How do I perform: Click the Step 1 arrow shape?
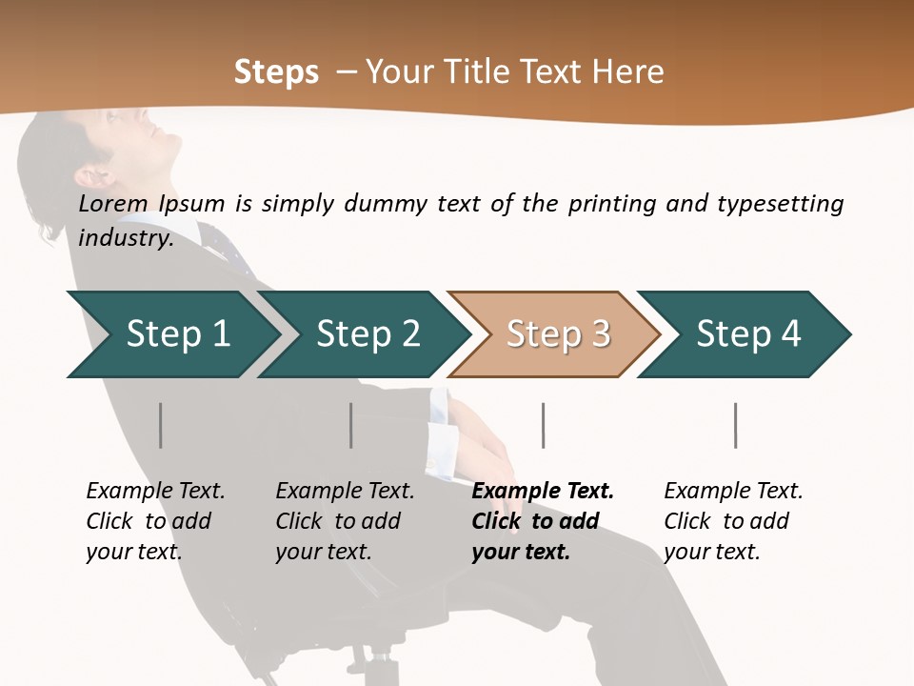171,334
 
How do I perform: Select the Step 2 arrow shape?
367,334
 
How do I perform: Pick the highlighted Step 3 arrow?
557,334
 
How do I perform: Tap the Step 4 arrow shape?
747,334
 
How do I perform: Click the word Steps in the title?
276,72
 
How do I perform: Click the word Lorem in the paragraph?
113,204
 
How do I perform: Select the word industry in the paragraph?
126,238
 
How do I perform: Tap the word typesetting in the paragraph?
780,204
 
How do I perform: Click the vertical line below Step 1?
161,425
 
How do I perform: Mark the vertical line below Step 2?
351,425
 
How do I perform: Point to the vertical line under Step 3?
543,425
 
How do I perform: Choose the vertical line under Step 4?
735,425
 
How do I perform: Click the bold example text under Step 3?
542,521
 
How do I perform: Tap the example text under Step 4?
733,521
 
